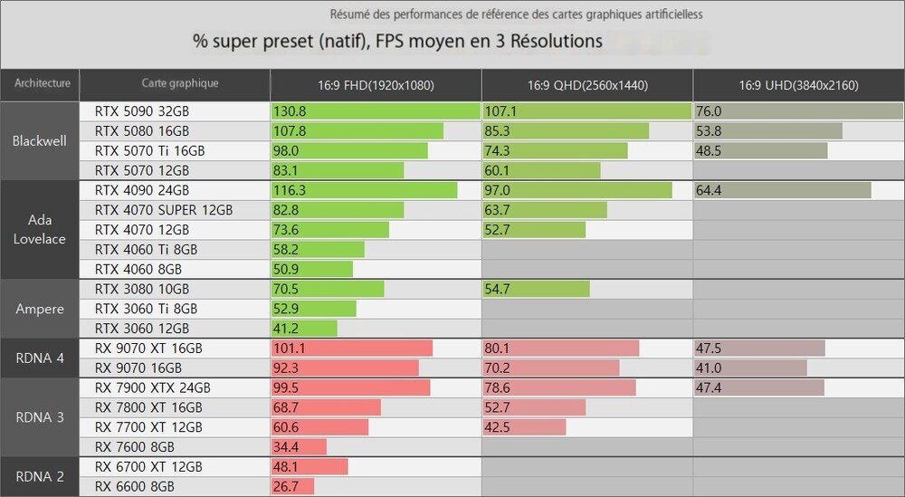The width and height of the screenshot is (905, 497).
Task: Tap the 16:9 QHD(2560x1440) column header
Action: click(586, 86)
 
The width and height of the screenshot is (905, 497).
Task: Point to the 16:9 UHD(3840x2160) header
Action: click(798, 86)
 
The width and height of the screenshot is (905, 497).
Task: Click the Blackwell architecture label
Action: click(40, 141)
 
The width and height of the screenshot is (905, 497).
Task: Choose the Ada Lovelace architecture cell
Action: click(40, 230)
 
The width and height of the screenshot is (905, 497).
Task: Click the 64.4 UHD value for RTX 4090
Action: click(711, 190)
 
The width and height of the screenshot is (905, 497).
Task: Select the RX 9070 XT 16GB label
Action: click(148, 349)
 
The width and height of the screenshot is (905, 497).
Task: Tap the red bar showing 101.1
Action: click(351, 349)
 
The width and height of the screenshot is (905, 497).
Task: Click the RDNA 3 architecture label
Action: click(40, 417)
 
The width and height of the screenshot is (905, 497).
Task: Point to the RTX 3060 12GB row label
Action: click(142, 329)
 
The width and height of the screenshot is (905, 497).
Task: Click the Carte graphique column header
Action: click(179, 84)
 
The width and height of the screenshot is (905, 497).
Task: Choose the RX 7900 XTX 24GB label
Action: click(152, 387)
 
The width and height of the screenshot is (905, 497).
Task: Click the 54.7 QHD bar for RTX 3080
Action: click(536, 289)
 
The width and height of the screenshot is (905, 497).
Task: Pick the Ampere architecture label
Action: click(40, 309)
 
